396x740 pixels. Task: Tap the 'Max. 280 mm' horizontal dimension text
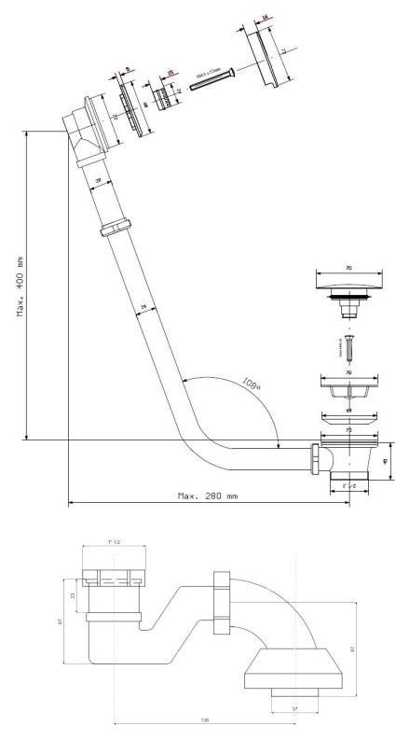pyautogui.click(x=207, y=495)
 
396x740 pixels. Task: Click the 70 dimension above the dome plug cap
pyautogui.click(x=348, y=268)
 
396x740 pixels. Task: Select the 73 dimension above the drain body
pyautogui.click(x=348, y=432)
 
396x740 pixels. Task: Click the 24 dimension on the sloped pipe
pyautogui.click(x=143, y=306)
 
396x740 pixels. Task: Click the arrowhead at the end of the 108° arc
pyautogui.click(x=279, y=446)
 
